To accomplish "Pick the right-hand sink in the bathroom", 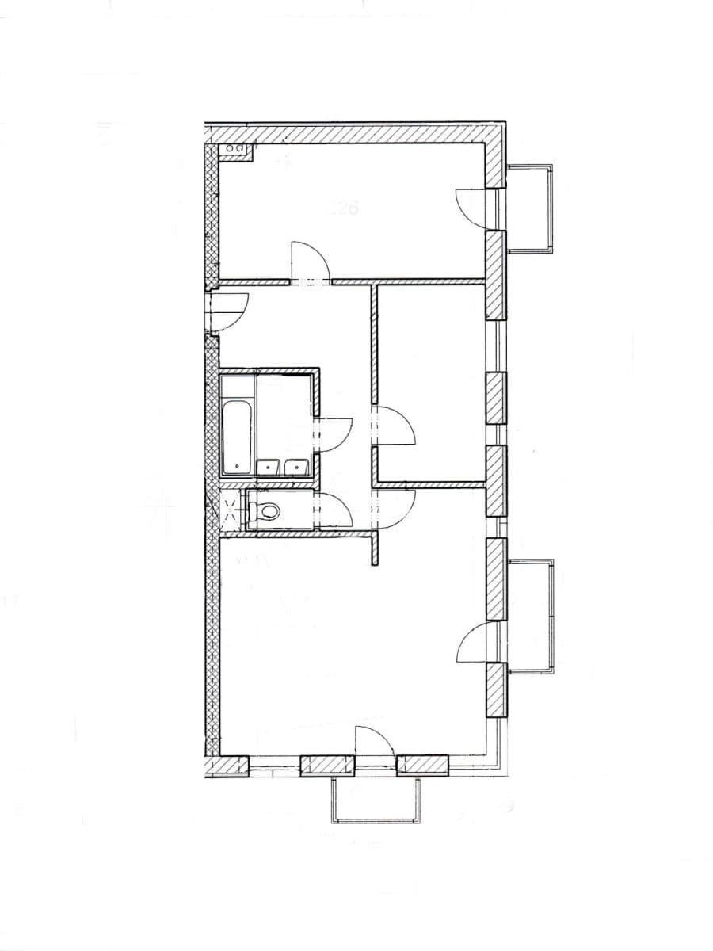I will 296,468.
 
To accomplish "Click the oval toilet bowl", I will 269,512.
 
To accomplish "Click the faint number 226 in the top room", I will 344,209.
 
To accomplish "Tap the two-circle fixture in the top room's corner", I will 235,148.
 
